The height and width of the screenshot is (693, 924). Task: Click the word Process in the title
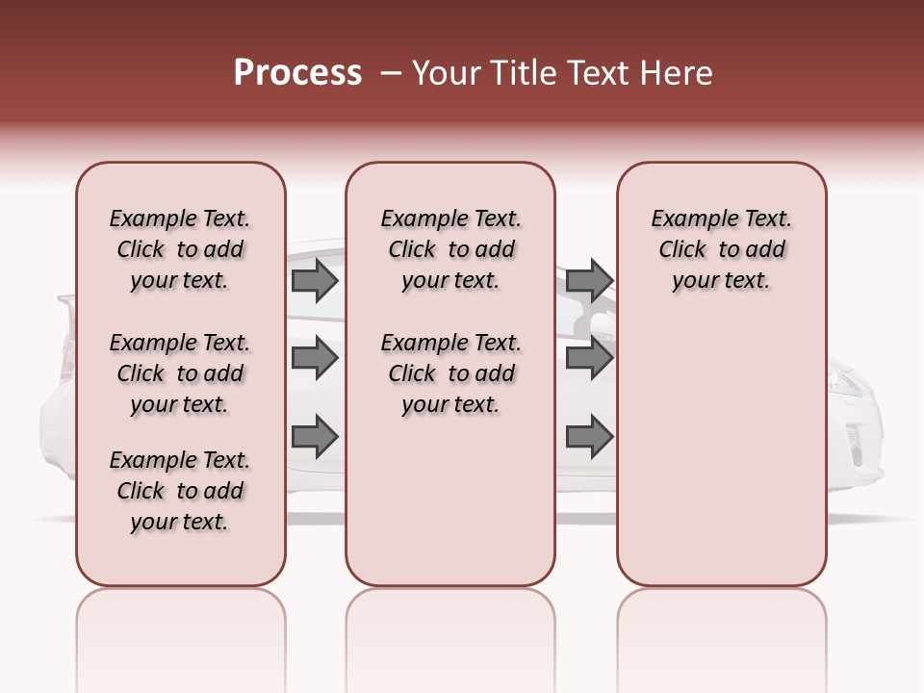point(297,73)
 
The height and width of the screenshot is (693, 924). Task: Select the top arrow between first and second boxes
point(315,281)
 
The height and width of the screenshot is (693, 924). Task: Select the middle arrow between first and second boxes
point(315,359)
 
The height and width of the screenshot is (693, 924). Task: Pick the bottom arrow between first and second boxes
point(315,437)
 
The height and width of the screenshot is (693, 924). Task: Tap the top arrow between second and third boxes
point(589,281)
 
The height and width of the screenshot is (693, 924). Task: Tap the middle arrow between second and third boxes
point(589,359)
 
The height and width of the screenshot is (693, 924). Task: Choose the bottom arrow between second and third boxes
point(589,437)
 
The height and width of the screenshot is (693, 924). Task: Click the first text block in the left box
point(180,249)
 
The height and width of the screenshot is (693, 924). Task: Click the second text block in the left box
point(180,373)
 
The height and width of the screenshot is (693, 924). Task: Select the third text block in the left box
point(180,491)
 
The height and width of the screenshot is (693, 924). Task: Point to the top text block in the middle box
point(450,249)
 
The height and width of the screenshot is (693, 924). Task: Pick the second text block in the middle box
point(450,373)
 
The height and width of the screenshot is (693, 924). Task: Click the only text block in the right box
point(721,249)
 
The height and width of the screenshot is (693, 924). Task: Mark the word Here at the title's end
point(678,73)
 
